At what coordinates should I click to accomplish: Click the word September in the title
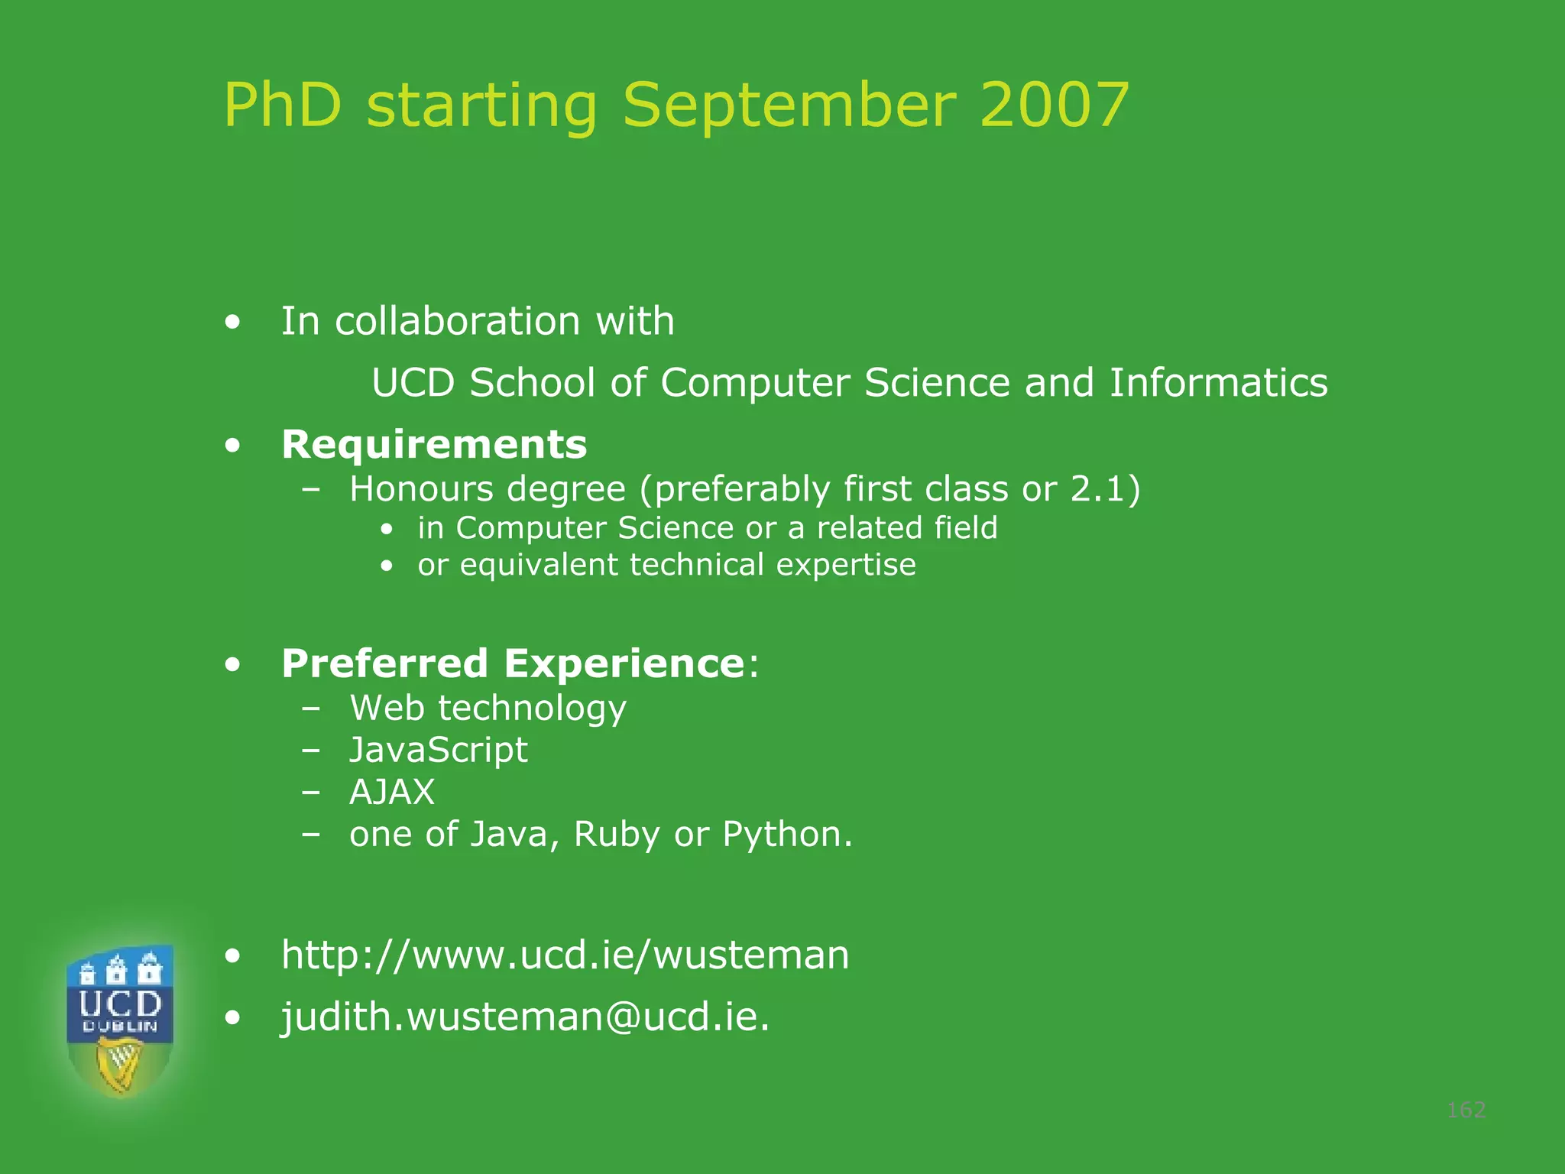point(789,107)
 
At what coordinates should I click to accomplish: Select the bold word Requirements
point(434,445)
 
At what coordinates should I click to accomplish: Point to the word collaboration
point(458,321)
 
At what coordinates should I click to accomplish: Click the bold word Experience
point(624,663)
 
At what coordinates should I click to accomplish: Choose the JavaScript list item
point(438,750)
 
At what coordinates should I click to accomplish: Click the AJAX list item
point(391,792)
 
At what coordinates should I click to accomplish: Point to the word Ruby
point(616,835)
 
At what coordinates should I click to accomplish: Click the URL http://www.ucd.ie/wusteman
point(565,955)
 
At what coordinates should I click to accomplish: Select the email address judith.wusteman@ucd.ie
point(525,1017)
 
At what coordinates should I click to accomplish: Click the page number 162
point(1466,1110)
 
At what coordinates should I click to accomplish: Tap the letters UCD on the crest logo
point(120,1003)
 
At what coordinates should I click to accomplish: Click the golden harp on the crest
point(119,1065)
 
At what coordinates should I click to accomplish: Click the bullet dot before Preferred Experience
point(233,664)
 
